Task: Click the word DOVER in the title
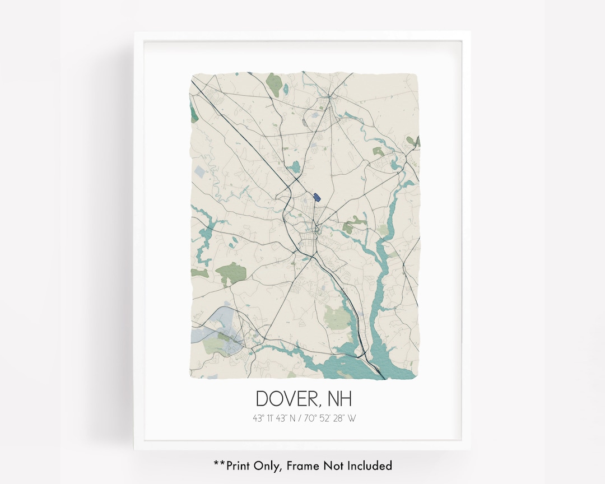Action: [x=286, y=399]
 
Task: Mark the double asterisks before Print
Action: [x=219, y=464]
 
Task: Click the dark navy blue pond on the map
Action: [x=317, y=197]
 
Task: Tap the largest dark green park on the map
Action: [x=231, y=272]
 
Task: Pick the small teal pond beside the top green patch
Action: [x=286, y=88]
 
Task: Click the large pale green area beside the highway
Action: [x=337, y=317]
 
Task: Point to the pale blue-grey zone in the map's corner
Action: [x=213, y=331]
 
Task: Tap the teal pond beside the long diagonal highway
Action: [x=295, y=166]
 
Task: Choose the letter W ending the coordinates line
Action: [x=351, y=418]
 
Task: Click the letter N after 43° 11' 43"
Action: [x=293, y=418]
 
